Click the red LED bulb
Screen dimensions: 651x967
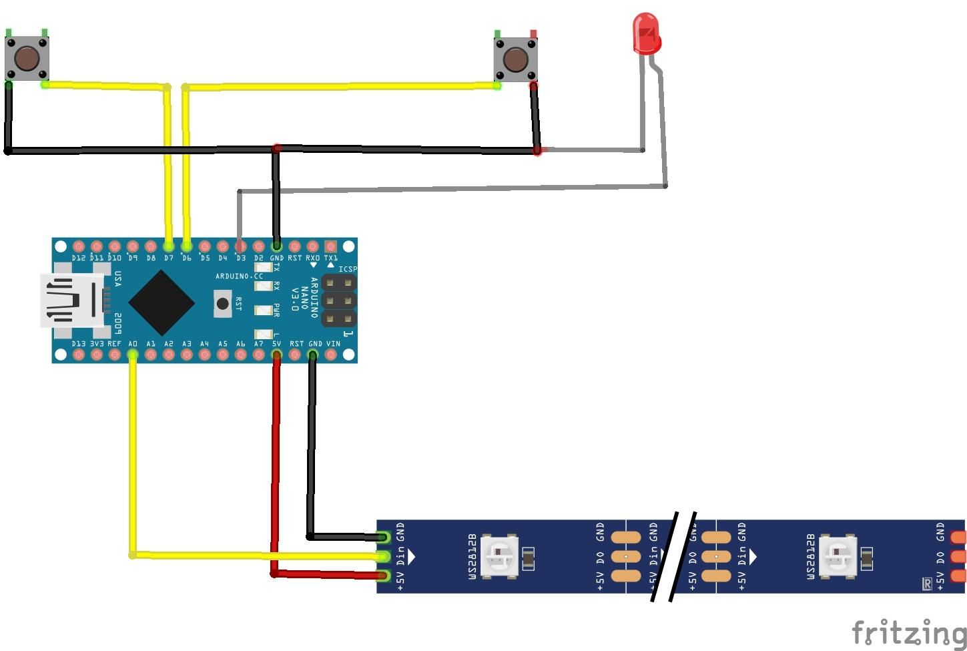[646, 34]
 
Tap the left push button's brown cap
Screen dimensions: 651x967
[27, 59]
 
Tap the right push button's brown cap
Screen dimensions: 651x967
[515, 59]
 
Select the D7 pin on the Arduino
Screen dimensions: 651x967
[168, 246]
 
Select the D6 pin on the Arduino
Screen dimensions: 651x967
[186, 246]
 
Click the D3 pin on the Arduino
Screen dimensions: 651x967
[240, 246]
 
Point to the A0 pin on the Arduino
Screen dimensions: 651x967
[133, 355]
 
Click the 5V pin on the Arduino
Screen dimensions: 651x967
[276, 355]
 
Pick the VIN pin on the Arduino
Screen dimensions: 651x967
[330, 355]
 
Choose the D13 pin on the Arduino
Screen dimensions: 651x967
[79, 355]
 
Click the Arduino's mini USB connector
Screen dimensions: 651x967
[70, 300]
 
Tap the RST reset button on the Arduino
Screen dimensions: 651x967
[222, 303]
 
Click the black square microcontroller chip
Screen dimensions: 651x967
[162, 302]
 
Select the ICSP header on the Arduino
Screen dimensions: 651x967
[339, 300]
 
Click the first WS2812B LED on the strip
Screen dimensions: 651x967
[500, 556]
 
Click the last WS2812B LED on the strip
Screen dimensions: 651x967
[838, 556]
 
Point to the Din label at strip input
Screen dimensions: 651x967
[400, 556]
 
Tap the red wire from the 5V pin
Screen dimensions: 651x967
[275, 467]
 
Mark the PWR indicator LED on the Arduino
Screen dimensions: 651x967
[264, 310]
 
